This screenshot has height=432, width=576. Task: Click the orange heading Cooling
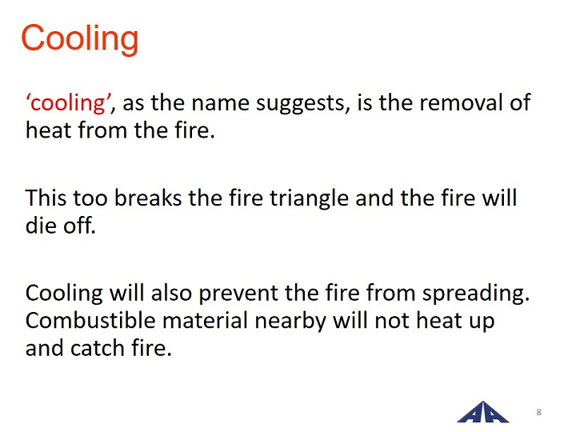point(80,39)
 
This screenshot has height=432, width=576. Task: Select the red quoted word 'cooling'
point(68,102)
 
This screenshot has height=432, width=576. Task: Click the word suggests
point(302,104)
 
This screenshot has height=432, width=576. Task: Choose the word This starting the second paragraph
point(46,198)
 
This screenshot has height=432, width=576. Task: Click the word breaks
point(148,198)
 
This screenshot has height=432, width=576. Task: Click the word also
point(171,293)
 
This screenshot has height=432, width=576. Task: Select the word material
point(206,320)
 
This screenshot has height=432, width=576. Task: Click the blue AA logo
point(482,412)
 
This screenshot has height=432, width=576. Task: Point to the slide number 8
point(539,412)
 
